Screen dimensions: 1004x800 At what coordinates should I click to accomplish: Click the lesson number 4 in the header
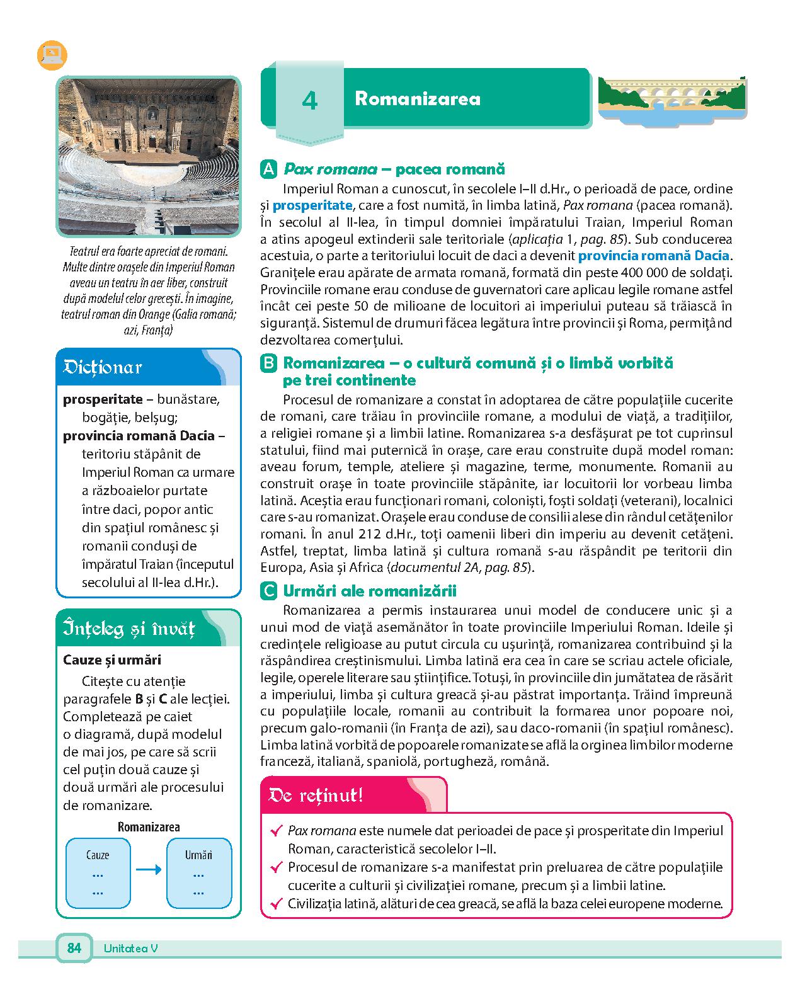pyautogui.click(x=309, y=101)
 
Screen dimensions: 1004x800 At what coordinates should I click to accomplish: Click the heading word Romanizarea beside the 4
pyautogui.click(x=418, y=99)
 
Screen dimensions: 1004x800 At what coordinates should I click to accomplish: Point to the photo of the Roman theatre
pyautogui.click(x=149, y=156)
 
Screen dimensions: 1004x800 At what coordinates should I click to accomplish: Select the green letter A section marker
pyautogui.click(x=268, y=169)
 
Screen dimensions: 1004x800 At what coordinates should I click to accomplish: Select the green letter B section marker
pyautogui.click(x=268, y=363)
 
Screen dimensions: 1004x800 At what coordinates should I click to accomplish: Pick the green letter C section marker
pyautogui.click(x=268, y=591)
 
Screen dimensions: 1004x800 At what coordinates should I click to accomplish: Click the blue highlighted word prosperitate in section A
pyautogui.click(x=312, y=205)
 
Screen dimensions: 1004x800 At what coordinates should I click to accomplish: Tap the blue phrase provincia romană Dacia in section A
pyautogui.click(x=653, y=256)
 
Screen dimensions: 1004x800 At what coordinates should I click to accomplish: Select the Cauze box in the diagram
pyautogui.click(x=98, y=872)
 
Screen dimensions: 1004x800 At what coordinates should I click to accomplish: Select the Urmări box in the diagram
pyautogui.click(x=198, y=872)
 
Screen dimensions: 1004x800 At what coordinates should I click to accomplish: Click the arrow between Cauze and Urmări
pyautogui.click(x=149, y=871)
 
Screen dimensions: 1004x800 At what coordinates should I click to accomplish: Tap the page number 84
pyautogui.click(x=74, y=948)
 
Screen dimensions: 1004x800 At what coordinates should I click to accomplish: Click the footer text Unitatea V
pyautogui.click(x=130, y=949)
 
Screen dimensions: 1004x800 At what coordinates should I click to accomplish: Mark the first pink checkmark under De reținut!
pyautogui.click(x=275, y=831)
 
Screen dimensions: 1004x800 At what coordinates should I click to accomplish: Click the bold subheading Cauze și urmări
pyautogui.click(x=112, y=660)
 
